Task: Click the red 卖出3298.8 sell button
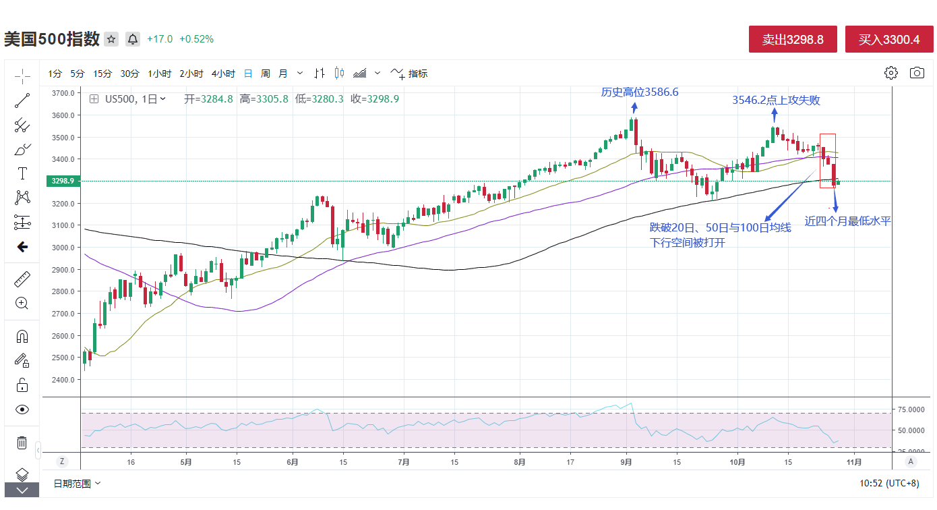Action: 793,40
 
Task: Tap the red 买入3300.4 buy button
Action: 889,40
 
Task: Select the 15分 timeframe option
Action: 102,74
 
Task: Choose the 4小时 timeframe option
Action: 223,74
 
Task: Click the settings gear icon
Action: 891,73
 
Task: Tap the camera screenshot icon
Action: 917,73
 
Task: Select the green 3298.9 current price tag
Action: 61,181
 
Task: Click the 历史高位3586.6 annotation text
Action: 640,92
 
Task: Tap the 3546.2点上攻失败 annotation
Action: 776,101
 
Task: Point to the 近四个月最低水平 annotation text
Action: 847,221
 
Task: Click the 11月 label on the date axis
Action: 853,462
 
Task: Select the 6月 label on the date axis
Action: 292,462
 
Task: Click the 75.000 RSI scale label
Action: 911,409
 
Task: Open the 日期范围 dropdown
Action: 78,483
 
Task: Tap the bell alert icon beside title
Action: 133,39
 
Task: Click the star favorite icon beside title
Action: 112,39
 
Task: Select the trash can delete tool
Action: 22,443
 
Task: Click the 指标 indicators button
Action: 410,74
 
